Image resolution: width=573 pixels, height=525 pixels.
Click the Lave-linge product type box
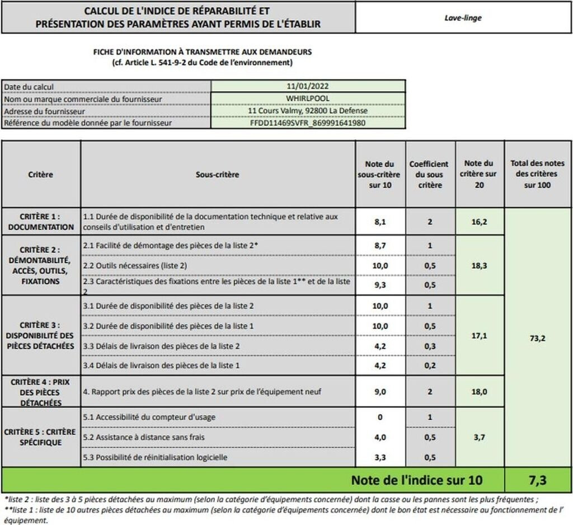point(463,18)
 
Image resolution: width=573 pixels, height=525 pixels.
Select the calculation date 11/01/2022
point(307,87)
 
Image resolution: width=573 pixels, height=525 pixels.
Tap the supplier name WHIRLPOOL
point(307,99)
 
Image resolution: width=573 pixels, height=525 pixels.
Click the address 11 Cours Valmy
point(308,110)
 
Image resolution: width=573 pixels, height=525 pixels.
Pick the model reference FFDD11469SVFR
point(308,123)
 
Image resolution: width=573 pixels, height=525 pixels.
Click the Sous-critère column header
point(217,175)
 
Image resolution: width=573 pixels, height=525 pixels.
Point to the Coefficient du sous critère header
point(429,175)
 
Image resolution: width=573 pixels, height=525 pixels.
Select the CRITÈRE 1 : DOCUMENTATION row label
point(41,222)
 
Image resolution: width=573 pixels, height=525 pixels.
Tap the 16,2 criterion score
point(479,222)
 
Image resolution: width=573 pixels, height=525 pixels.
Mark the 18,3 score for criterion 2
point(479,265)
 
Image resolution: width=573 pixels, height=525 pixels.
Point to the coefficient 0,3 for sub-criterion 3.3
point(429,346)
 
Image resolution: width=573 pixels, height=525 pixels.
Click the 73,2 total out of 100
point(538,339)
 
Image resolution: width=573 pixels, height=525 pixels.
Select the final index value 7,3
point(538,480)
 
